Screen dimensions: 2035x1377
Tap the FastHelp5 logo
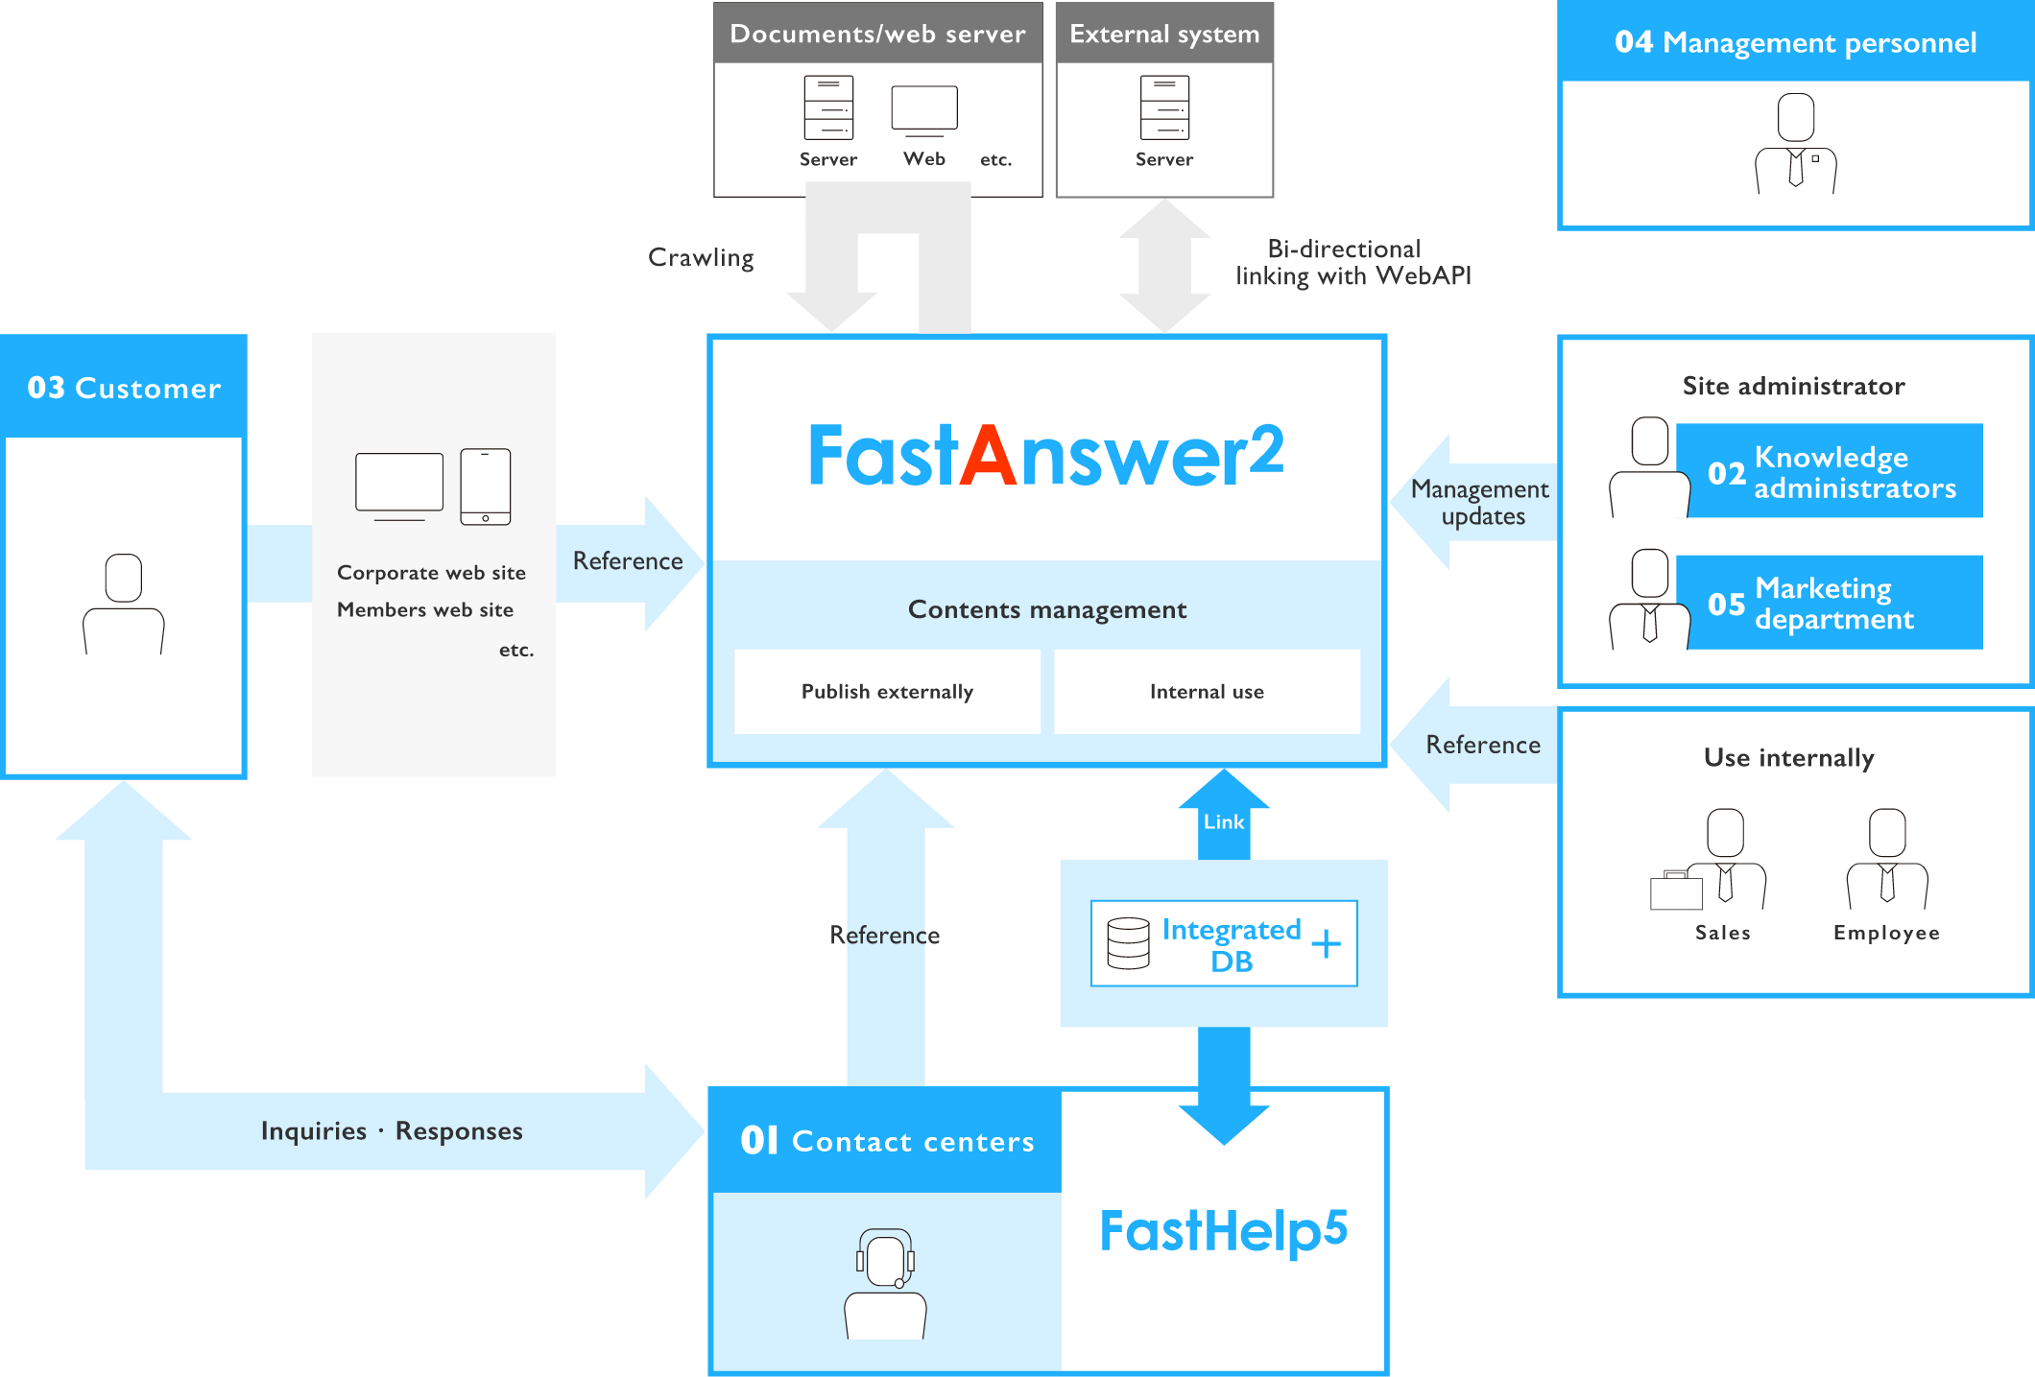coord(1224,1231)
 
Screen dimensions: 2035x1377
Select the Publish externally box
coord(887,692)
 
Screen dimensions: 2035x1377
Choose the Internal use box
coord(1207,692)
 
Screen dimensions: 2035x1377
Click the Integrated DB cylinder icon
coord(1128,943)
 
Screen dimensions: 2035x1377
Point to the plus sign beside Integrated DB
coord(1326,943)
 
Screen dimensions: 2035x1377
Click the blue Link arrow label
coord(1224,821)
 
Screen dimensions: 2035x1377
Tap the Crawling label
coord(701,258)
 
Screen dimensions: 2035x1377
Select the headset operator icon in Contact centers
coord(885,1283)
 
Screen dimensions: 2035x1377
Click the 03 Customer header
coord(124,387)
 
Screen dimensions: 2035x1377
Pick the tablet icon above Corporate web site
coord(486,487)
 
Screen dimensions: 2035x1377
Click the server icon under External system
coord(1164,107)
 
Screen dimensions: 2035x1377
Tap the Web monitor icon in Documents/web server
coord(924,110)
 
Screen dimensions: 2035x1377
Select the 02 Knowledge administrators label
coord(1831,471)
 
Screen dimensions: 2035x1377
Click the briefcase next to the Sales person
coord(1676,890)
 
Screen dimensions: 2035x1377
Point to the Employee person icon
coord(1887,859)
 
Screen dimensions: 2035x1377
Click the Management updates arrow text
coord(1480,503)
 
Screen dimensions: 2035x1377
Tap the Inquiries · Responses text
coord(392,1131)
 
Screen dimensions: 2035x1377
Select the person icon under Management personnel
coord(1795,144)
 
